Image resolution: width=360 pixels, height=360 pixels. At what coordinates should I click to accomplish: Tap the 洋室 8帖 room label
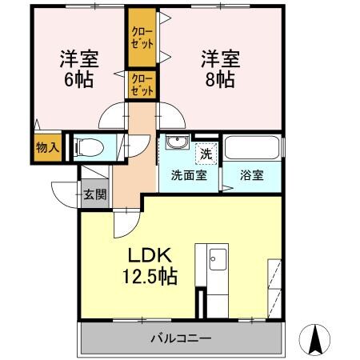click(x=218, y=67)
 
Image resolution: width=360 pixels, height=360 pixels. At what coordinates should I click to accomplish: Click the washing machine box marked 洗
click(x=206, y=151)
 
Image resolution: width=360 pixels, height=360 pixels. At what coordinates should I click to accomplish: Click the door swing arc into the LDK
click(x=124, y=223)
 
